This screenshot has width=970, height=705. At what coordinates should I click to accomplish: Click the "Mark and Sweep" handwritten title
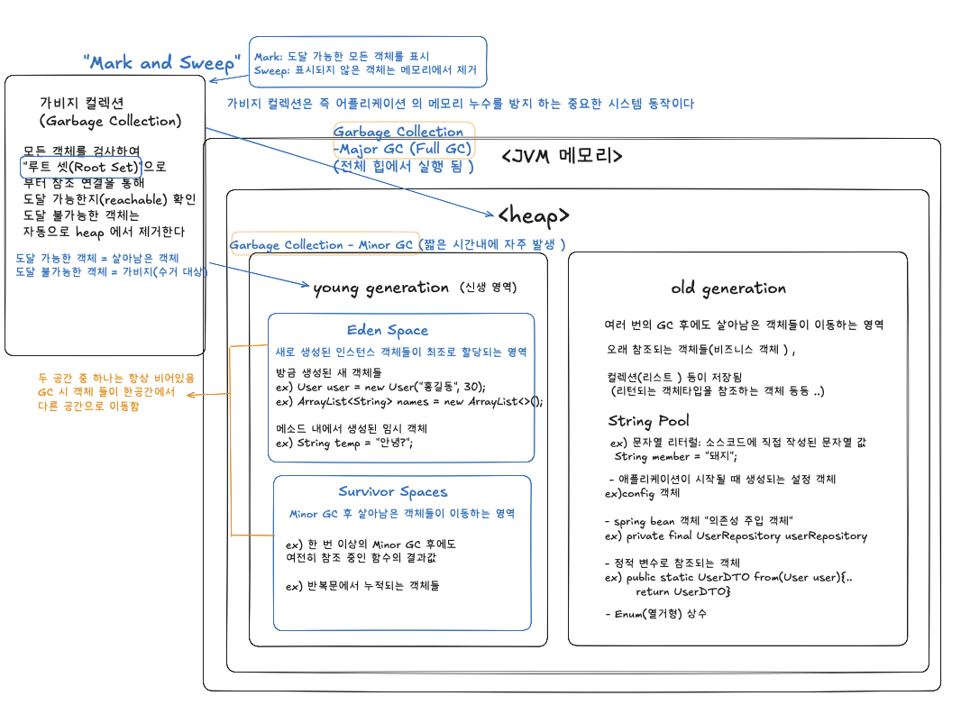(x=162, y=63)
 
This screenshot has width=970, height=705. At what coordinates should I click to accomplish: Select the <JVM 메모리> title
(x=562, y=155)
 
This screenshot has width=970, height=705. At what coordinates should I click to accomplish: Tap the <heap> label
(x=534, y=215)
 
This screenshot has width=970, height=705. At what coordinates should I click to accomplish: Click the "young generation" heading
(x=380, y=288)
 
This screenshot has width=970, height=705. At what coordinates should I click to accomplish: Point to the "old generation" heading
(x=728, y=288)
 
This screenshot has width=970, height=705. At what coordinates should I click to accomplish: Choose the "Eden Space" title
(x=388, y=331)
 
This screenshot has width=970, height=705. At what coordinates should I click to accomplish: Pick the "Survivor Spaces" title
(x=393, y=491)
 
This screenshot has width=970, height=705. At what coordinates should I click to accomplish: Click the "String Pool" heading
(x=648, y=421)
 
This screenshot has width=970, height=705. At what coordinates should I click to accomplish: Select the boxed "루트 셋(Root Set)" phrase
(x=81, y=167)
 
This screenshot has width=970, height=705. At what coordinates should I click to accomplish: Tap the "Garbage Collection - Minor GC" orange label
(x=322, y=244)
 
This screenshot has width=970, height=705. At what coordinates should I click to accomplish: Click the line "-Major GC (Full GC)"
(x=403, y=149)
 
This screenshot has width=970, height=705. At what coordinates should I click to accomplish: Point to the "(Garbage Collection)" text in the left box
(x=110, y=121)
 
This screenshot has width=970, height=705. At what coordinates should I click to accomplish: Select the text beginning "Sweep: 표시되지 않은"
(x=365, y=69)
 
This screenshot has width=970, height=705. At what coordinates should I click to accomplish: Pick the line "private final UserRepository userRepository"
(x=736, y=536)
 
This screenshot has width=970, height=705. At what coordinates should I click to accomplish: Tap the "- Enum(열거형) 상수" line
(x=655, y=614)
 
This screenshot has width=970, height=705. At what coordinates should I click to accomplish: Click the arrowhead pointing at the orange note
(x=190, y=394)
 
